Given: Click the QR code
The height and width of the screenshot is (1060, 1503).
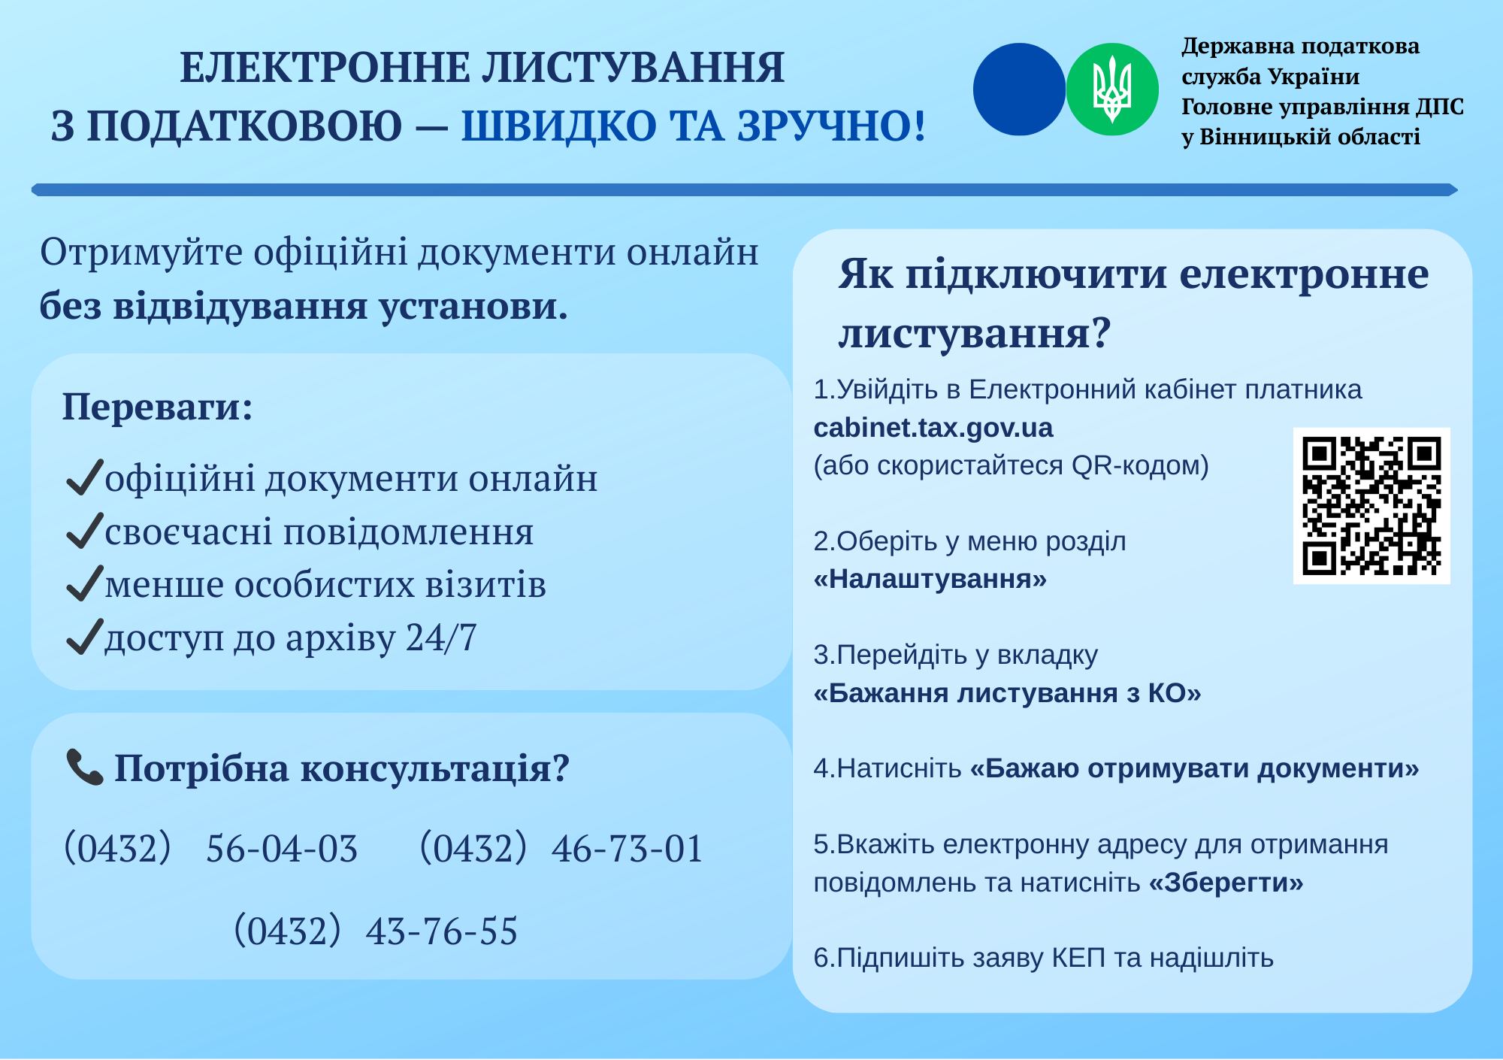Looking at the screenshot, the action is tap(1371, 506).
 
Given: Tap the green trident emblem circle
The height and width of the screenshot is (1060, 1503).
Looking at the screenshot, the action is tap(1112, 89).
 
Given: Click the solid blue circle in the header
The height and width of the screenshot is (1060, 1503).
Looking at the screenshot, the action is tap(1019, 89).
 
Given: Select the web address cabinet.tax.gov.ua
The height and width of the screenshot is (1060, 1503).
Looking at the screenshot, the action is tap(933, 428).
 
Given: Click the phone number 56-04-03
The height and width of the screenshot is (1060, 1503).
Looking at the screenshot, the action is tap(282, 849).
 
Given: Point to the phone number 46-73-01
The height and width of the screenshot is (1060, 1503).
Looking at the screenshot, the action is tap(628, 849).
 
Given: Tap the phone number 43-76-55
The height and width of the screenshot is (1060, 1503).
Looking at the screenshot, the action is tap(442, 931).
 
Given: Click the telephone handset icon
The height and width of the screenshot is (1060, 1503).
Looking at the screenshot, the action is tap(85, 768).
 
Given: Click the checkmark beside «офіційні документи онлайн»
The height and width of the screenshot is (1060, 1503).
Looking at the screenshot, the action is tap(84, 478).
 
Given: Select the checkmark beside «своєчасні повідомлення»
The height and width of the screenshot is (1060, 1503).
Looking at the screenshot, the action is tap(84, 531).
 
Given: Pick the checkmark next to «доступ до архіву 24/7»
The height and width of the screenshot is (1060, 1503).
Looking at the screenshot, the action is tap(84, 637).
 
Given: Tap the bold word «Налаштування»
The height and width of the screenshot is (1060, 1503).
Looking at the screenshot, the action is tap(930, 579).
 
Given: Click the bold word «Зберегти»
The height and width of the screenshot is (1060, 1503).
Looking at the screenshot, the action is tap(1226, 882).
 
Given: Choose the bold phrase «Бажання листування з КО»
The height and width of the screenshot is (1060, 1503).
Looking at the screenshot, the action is tap(1008, 692).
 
